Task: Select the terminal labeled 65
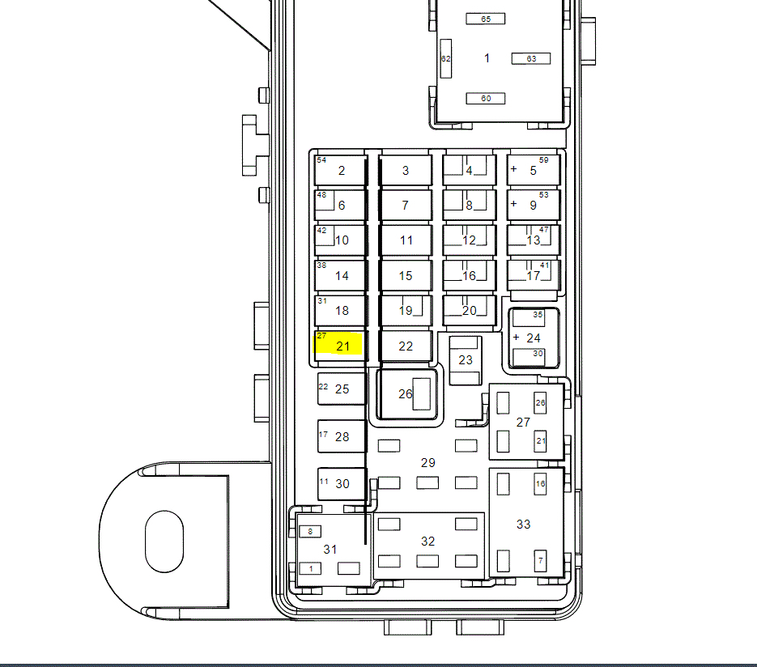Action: [x=486, y=19]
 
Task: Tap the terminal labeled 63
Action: [x=531, y=58]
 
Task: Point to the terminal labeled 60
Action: [x=486, y=99]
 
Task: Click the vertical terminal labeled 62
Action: [x=446, y=58]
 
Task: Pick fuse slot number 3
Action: [x=406, y=170]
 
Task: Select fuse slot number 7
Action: [x=406, y=205]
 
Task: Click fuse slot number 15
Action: [x=406, y=275]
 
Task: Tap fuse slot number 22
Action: [x=406, y=346]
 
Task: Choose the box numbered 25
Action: [x=342, y=389]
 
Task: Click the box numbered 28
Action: [x=342, y=436]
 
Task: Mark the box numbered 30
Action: [x=342, y=483]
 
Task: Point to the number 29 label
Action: [x=427, y=463]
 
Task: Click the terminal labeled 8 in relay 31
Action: [x=310, y=531]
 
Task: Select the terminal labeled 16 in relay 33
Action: [x=540, y=483]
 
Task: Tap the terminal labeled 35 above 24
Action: [x=529, y=318]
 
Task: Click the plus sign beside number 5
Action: [x=513, y=169]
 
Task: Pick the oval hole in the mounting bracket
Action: [x=164, y=541]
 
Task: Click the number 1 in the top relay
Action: [x=487, y=58]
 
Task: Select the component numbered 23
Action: [x=466, y=360]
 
